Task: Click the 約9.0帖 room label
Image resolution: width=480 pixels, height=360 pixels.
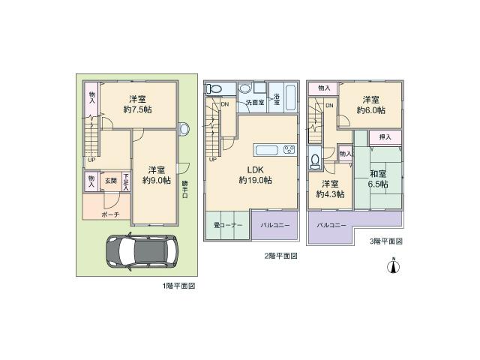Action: pyautogui.click(x=157, y=175)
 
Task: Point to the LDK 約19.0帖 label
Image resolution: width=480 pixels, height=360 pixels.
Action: pyautogui.click(x=254, y=175)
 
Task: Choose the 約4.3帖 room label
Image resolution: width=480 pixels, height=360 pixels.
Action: pyautogui.click(x=329, y=189)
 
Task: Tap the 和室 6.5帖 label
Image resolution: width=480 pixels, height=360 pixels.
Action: pyautogui.click(x=377, y=179)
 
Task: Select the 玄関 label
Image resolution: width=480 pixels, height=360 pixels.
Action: pyautogui.click(x=109, y=180)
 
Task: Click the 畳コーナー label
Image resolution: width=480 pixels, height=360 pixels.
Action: pyautogui.click(x=227, y=225)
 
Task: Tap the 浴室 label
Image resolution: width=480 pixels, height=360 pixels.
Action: pyautogui.click(x=277, y=98)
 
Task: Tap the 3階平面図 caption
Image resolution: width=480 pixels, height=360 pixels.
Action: pyautogui.click(x=385, y=241)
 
